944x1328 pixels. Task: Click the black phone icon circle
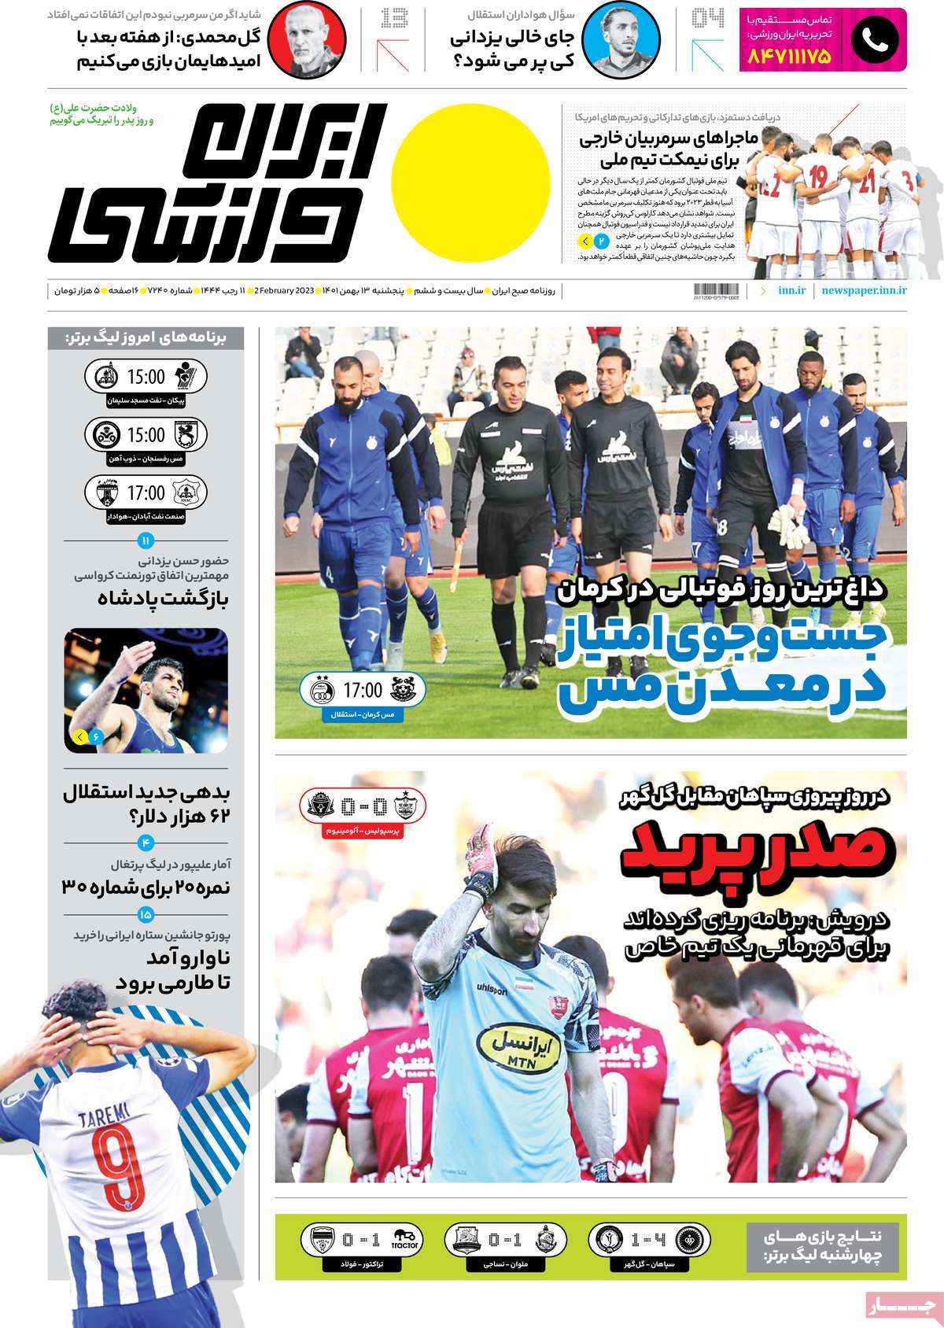click(x=874, y=41)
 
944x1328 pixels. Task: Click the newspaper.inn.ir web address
click(x=864, y=290)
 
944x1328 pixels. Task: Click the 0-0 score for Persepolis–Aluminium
click(x=363, y=806)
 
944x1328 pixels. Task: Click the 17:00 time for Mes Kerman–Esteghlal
click(x=362, y=691)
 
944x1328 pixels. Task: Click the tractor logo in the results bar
click(x=403, y=1241)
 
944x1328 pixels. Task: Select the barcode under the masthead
click(x=717, y=290)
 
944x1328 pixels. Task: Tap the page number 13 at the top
click(x=394, y=18)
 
